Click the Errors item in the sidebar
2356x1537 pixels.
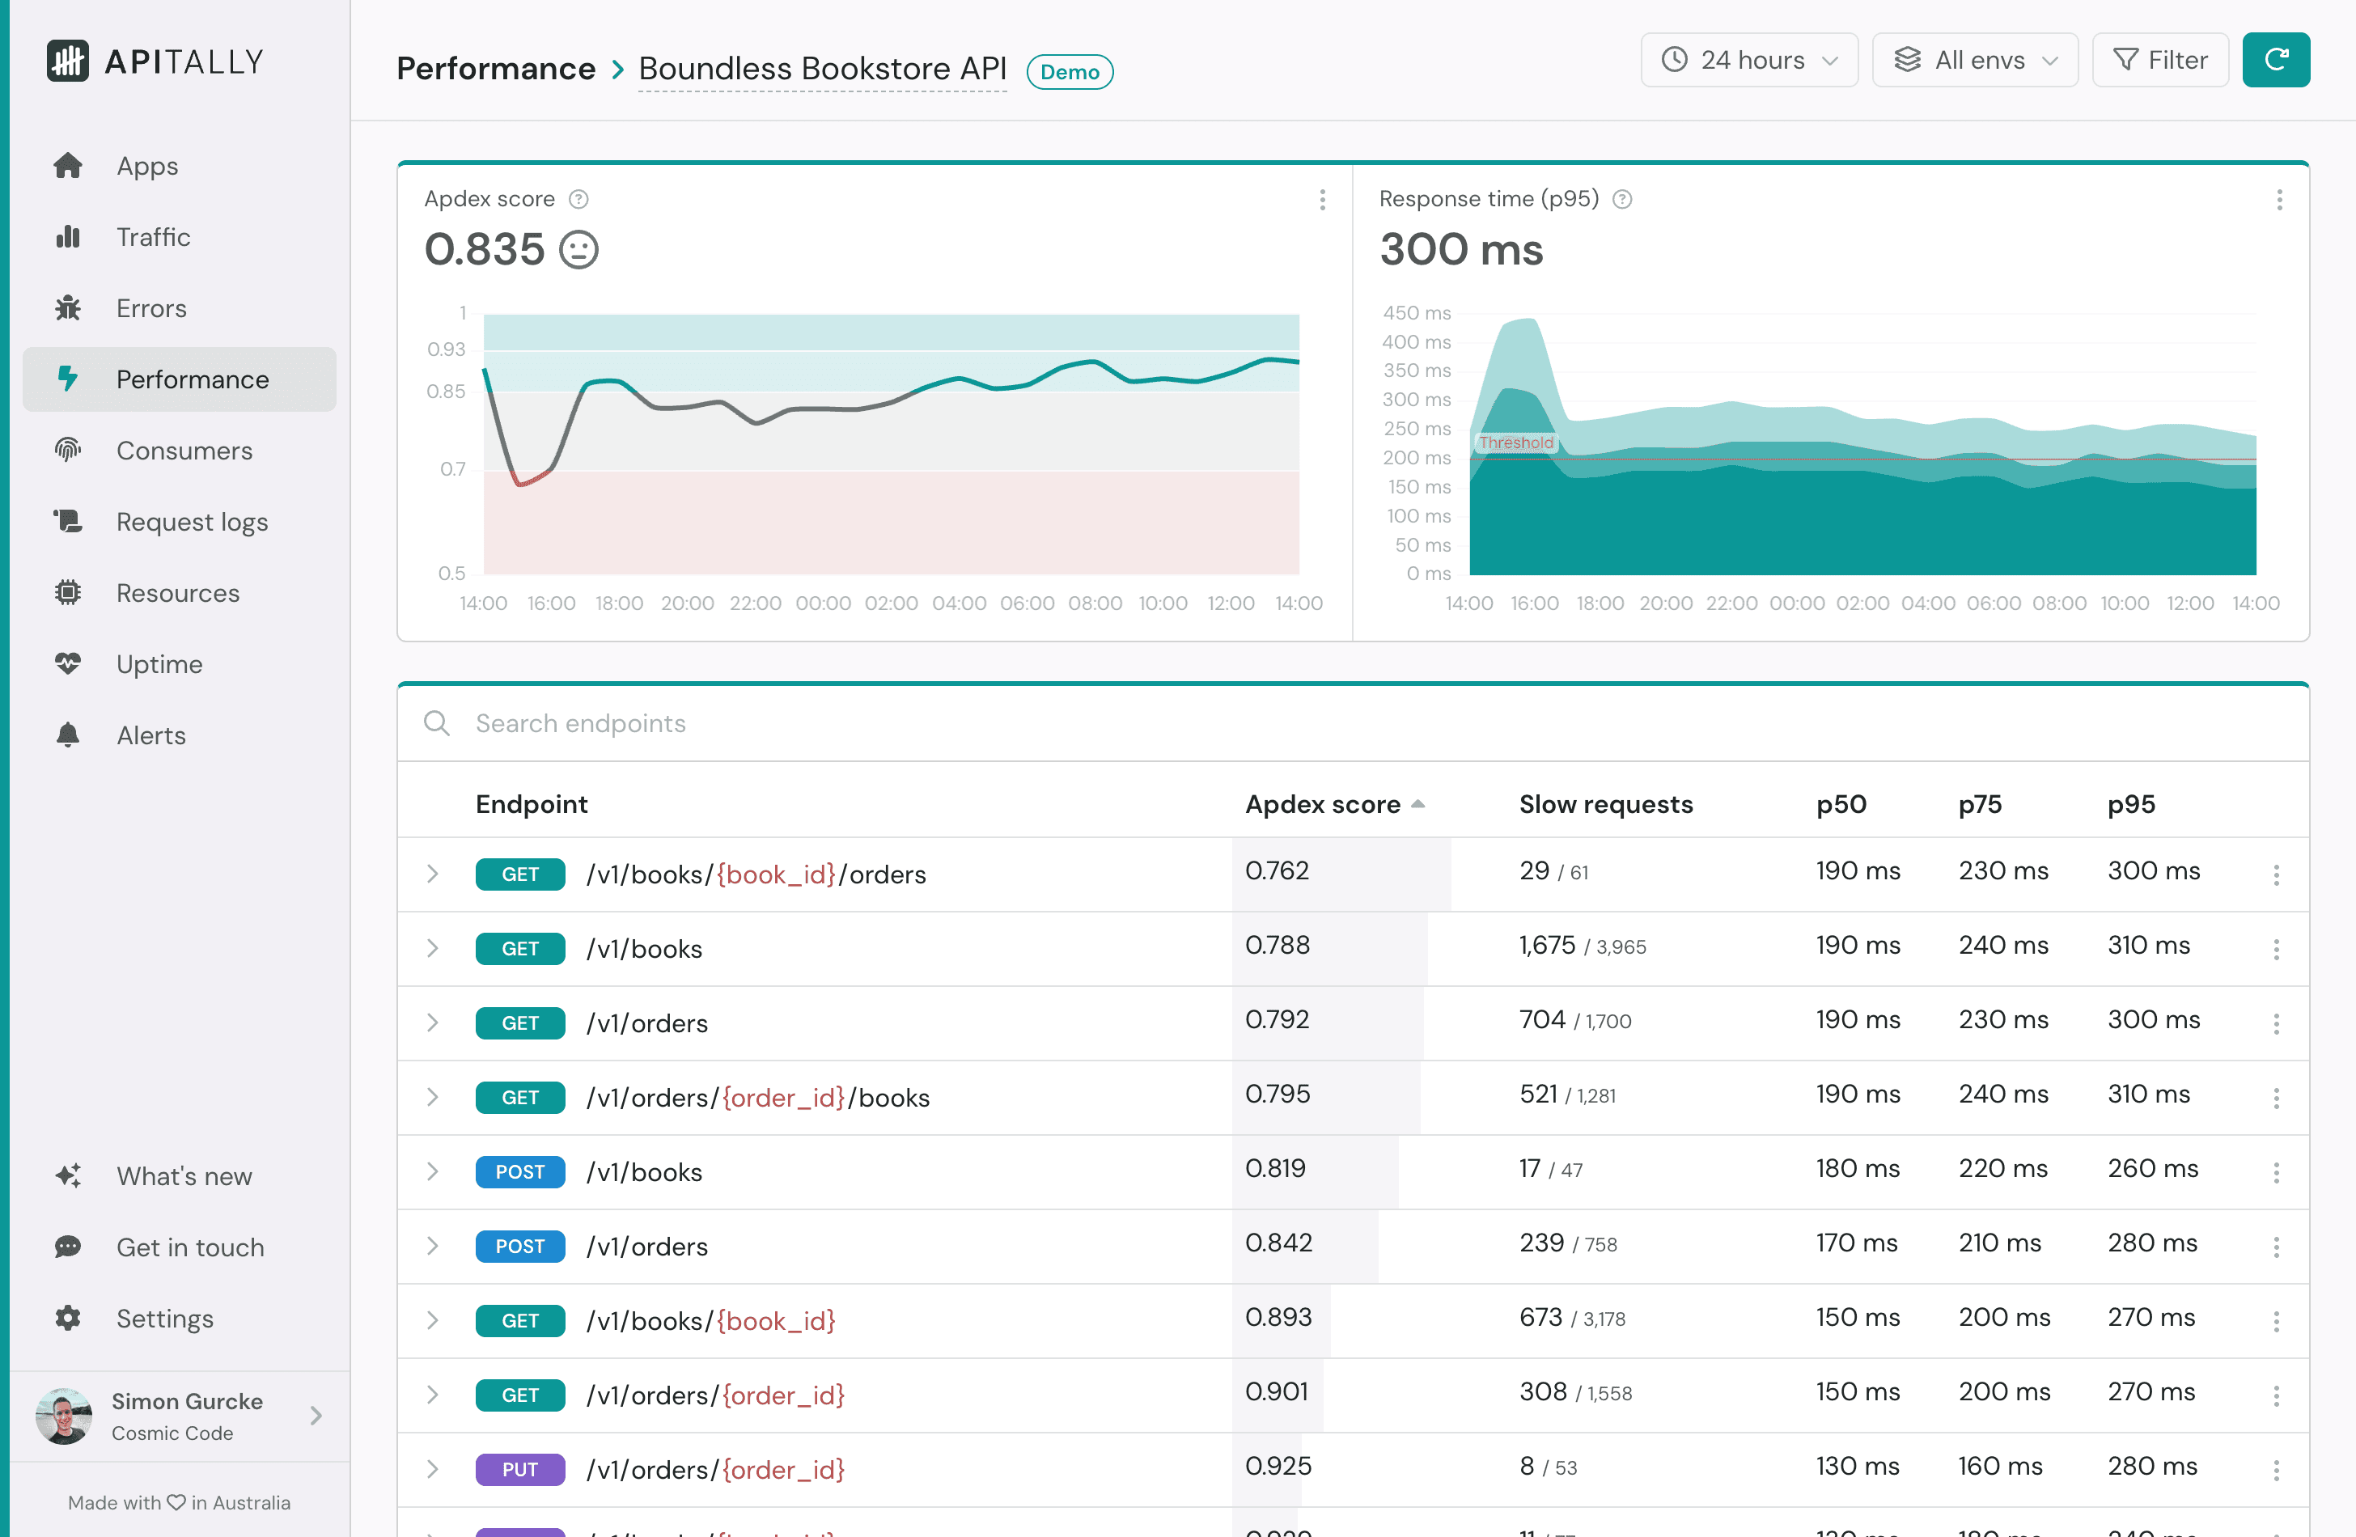coord(150,307)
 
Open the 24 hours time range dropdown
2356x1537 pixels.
coord(1748,61)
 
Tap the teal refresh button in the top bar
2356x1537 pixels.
coord(2275,61)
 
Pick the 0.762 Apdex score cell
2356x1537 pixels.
coord(1277,871)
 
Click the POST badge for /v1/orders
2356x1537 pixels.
coord(519,1246)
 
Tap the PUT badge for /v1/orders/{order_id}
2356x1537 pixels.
coord(519,1470)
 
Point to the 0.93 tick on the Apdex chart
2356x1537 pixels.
coord(446,349)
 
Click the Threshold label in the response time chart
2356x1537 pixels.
coord(1515,442)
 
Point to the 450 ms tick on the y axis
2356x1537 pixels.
coord(1417,313)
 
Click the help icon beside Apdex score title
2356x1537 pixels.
coord(579,199)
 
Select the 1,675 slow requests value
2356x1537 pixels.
coord(1546,945)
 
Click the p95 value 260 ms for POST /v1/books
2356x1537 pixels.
coord(2152,1169)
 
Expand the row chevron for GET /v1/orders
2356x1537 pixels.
coord(433,1023)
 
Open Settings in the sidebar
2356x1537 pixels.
coord(164,1319)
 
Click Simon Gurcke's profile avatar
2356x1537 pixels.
coord(63,1416)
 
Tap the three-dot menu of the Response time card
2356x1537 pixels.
coord(2279,200)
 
